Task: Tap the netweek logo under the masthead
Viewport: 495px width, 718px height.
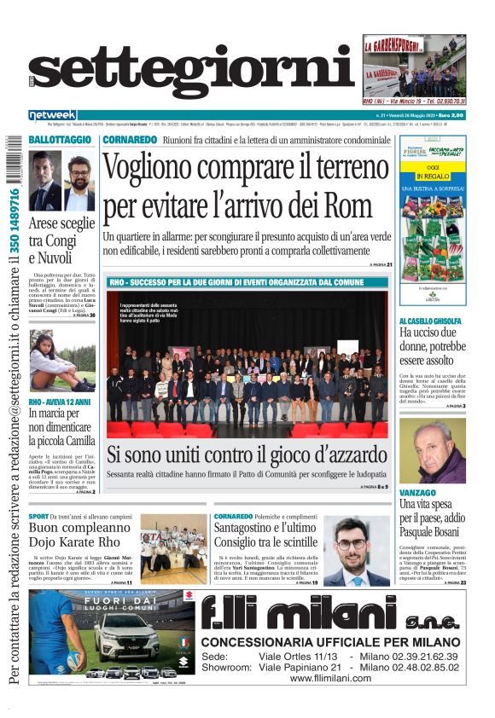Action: coord(53,114)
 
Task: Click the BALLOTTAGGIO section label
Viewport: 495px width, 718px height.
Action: coord(60,139)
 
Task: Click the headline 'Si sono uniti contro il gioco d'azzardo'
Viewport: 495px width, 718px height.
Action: coord(247,455)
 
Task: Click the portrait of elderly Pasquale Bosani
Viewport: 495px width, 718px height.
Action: coord(432,451)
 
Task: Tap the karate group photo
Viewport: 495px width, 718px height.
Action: coord(173,548)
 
